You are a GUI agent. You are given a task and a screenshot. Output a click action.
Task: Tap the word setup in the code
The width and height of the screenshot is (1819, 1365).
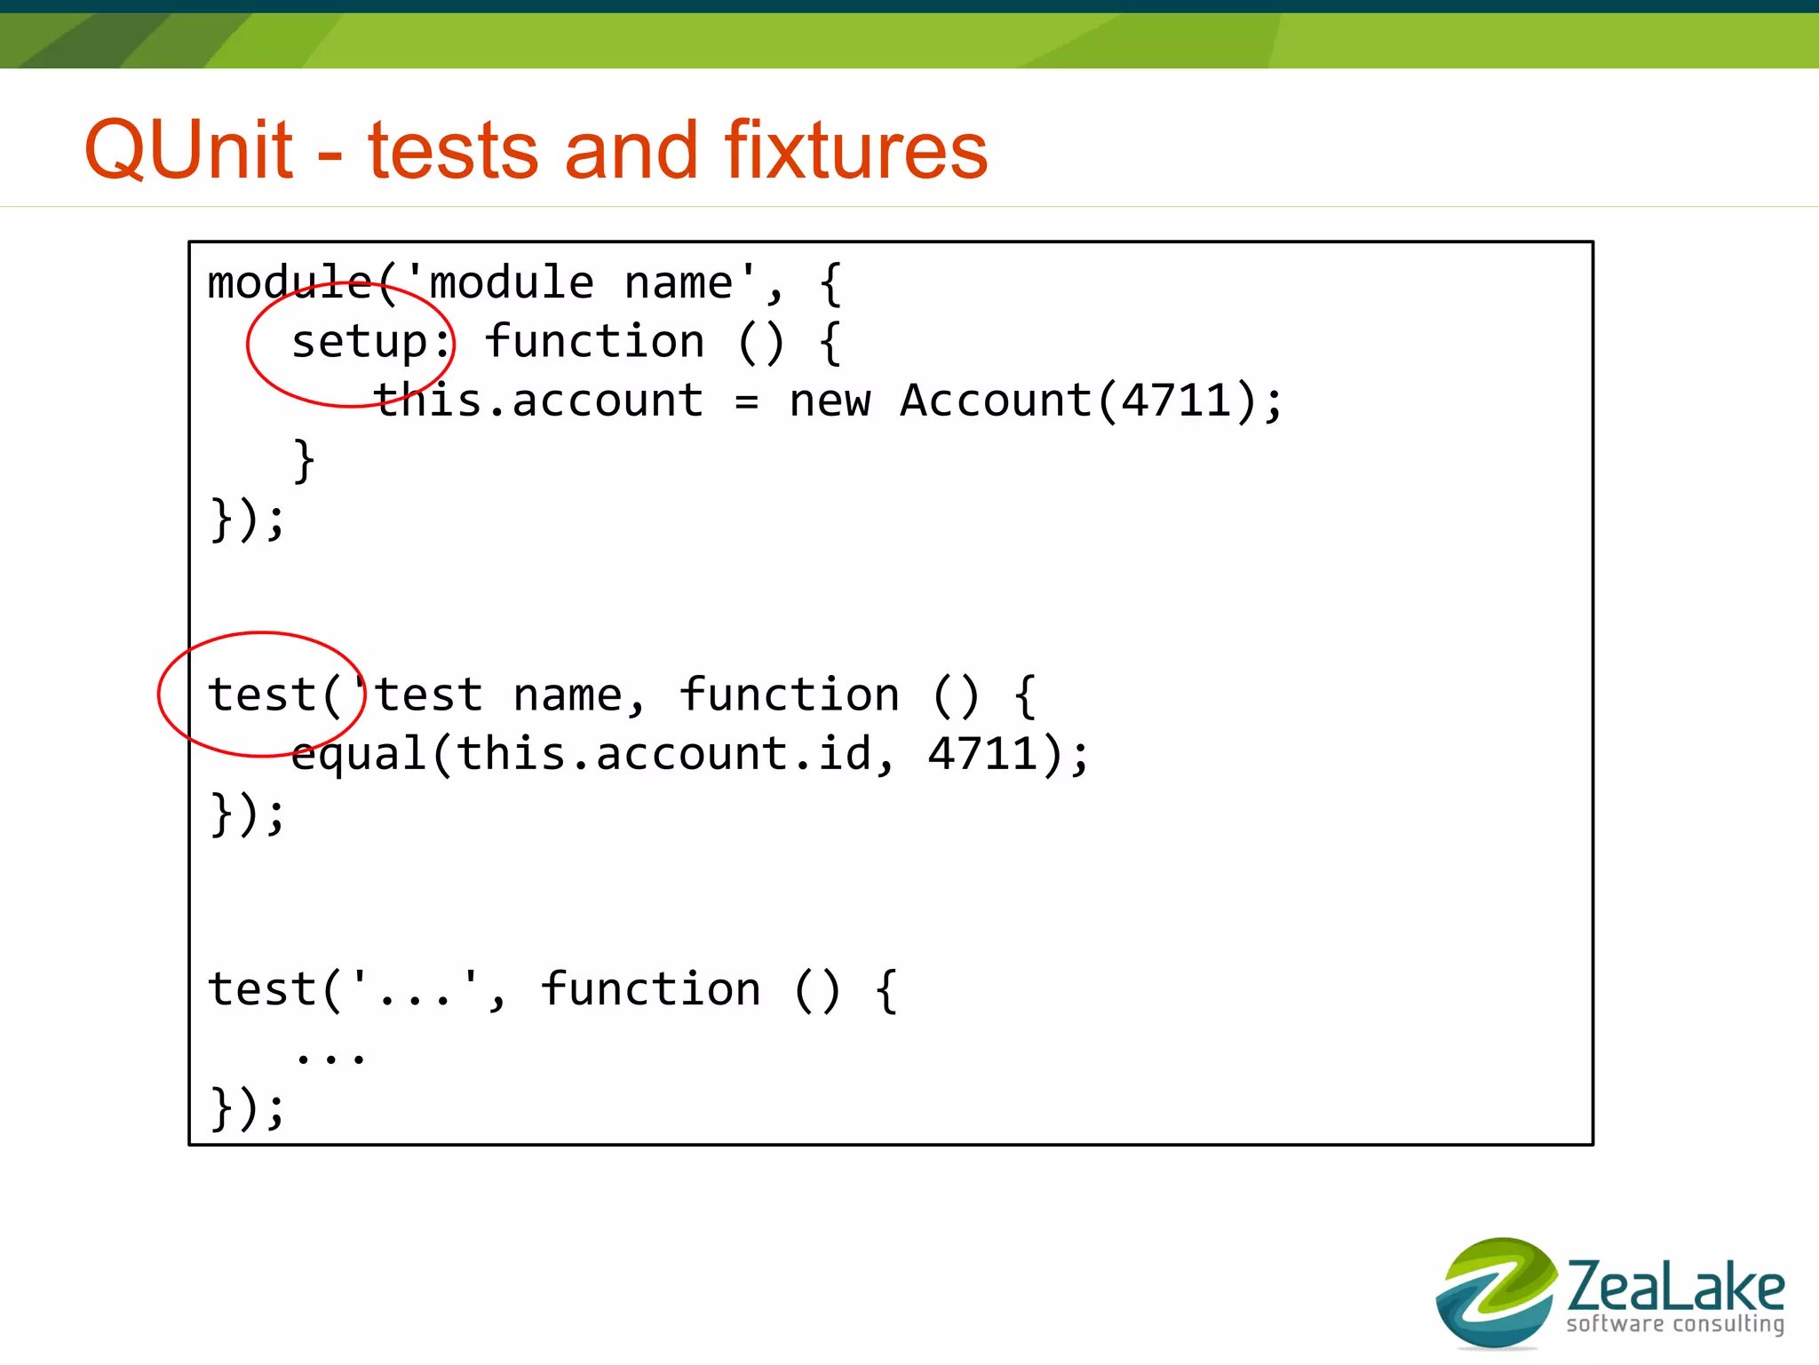[x=360, y=342]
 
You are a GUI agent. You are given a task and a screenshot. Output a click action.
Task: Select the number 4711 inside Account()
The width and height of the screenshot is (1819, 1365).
[x=1176, y=401]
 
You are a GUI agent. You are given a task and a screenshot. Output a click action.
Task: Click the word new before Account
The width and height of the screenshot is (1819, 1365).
[x=830, y=401]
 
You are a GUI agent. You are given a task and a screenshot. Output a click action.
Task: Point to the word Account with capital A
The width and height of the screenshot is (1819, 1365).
[x=995, y=401]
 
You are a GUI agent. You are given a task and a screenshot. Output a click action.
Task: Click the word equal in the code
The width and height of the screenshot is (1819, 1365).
[x=359, y=755]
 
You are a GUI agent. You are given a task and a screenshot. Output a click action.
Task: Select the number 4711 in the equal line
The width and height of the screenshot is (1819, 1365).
[x=982, y=754]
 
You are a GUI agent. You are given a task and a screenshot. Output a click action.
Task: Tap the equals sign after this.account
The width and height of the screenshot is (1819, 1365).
[x=746, y=402]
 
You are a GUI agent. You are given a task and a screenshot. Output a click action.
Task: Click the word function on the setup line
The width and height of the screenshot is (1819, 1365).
[x=594, y=342]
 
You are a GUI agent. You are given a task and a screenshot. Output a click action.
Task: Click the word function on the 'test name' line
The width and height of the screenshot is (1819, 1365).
[x=789, y=694]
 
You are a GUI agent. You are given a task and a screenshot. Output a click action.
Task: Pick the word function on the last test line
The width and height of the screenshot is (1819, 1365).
[x=650, y=989]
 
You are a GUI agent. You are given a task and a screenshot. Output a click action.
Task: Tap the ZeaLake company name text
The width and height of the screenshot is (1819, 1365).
[x=1675, y=1286]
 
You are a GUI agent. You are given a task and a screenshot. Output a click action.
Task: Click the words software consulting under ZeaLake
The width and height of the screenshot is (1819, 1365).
[x=1675, y=1324]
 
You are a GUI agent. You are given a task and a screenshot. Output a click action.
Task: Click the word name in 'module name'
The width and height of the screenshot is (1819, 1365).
[x=679, y=283]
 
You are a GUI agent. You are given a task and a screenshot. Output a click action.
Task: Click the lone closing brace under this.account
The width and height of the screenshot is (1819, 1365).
[x=304, y=460]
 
